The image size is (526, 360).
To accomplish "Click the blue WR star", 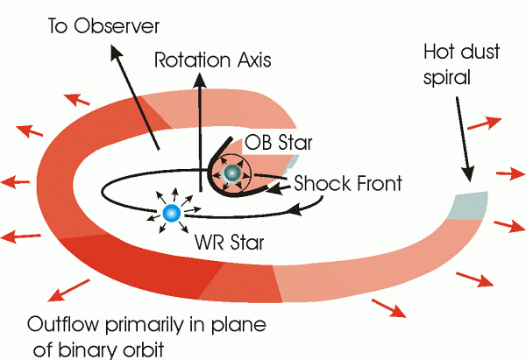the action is pos(172,213).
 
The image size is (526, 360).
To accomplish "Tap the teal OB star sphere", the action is pos(231,173).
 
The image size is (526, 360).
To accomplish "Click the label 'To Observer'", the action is pos(103,25).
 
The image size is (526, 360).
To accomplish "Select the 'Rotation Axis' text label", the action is pos(213,60).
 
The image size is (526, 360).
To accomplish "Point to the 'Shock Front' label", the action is pos(348,183).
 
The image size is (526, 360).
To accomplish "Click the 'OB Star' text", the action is pos(279,143).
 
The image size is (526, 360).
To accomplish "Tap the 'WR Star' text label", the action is pos(230,242).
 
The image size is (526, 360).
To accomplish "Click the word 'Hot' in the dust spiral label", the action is pos(440,52).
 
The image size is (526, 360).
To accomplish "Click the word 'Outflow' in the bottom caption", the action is pos(63,324).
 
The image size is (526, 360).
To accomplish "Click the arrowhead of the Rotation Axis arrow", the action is pos(200,80).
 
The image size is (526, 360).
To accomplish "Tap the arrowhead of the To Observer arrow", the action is pos(116,53).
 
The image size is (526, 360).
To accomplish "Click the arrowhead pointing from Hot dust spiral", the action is pos(468,173).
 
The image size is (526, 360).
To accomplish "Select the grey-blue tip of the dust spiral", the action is pos(469,205).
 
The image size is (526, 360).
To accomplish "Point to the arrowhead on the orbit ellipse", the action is pos(297,211).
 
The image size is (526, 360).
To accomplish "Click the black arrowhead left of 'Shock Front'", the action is pos(274,190).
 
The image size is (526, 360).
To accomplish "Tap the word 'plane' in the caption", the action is pos(238,325).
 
